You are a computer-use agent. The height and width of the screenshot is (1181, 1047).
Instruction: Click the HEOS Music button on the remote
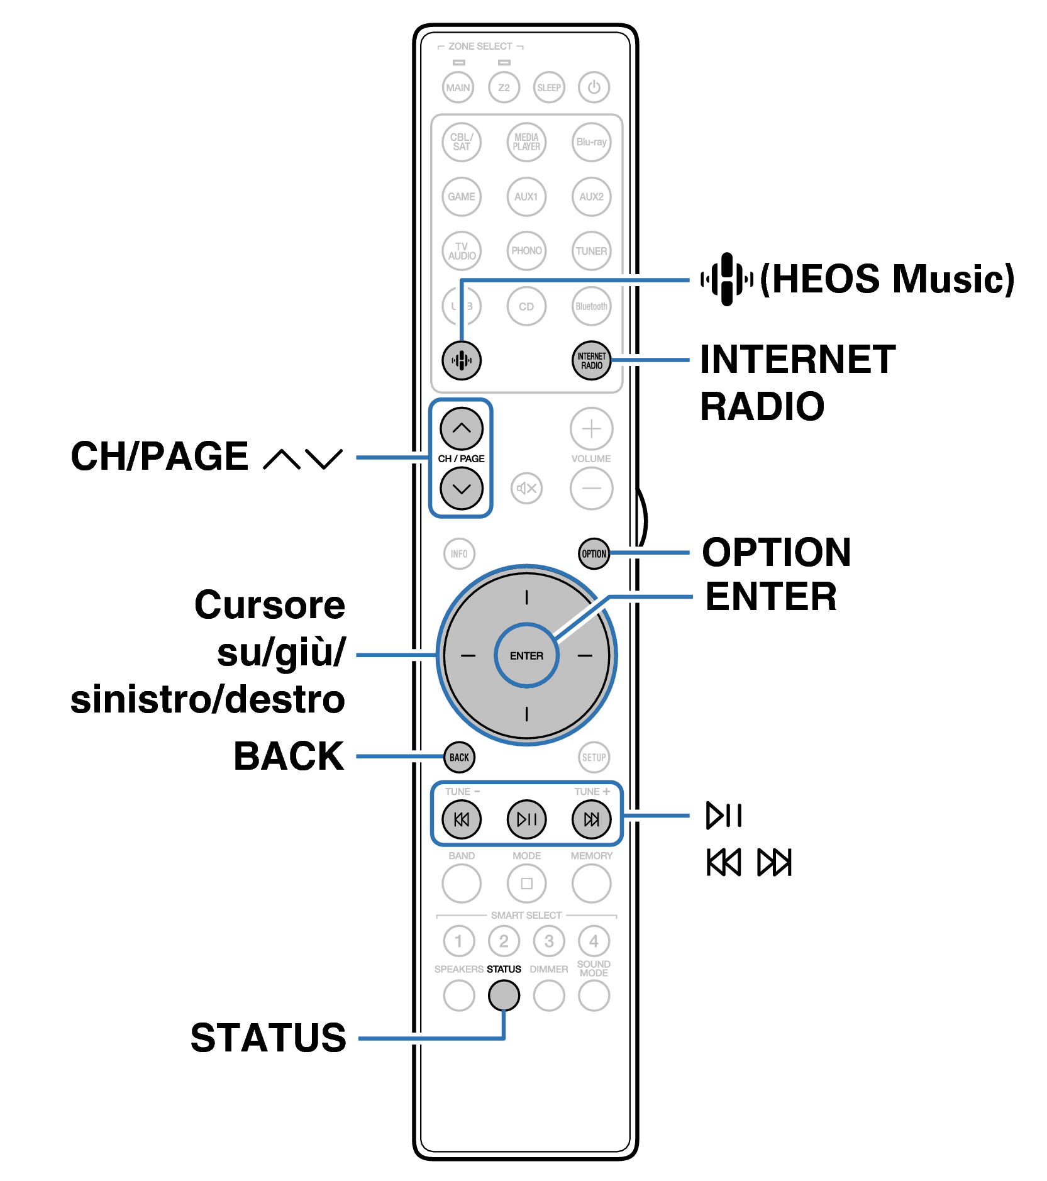click(x=461, y=360)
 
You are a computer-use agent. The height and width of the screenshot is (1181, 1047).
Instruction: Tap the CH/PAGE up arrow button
click(x=461, y=428)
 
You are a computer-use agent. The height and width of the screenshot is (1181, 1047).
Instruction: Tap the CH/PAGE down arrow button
click(x=461, y=488)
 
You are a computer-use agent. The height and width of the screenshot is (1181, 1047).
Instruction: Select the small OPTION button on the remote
click(x=594, y=553)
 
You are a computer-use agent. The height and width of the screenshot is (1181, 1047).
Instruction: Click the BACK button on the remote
click(x=459, y=757)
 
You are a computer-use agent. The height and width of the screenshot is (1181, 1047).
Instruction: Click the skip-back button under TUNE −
click(x=461, y=819)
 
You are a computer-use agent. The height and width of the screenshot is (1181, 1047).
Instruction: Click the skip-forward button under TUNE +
click(x=591, y=819)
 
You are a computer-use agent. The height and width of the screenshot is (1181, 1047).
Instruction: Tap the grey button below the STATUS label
click(x=504, y=995)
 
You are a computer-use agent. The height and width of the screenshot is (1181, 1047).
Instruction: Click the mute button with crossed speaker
click(x=526, y=488)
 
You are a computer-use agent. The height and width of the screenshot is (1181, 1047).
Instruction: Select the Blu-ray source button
click(x=591, y=142)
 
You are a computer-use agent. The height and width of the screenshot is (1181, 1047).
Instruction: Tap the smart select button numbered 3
click(x=548, y=941)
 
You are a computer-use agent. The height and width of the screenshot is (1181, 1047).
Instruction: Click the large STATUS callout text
click(x=269, y=1038)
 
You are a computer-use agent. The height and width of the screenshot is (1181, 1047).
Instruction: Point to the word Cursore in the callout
click(x=270, y=605)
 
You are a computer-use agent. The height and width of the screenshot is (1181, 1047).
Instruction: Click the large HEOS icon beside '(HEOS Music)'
click(x=727, y=279)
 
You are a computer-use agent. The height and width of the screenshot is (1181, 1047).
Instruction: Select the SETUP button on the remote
click(x=594, y=757)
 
